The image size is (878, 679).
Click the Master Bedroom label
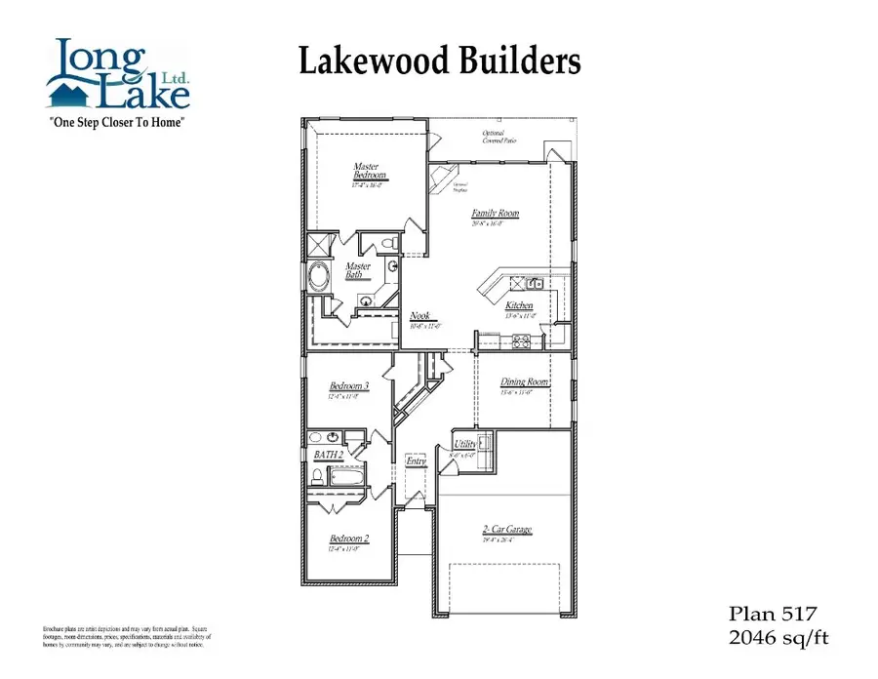click(370, 172)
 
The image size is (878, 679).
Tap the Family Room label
click(495, 214)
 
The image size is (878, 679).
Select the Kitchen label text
click(519, 305)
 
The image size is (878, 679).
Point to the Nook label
click(420, 316)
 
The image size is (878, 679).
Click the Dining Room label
click(525, 382)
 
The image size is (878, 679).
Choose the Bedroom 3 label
click(348, 386)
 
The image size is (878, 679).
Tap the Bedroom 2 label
click(348, 538)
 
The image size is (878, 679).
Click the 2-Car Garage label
click(506, 530)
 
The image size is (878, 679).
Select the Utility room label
click(465, 444)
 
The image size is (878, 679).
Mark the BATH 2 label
click(328, 455)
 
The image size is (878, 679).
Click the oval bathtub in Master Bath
click(321, 276)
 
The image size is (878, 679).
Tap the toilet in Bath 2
click(317, 477)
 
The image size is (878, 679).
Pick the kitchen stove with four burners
click(521, 340)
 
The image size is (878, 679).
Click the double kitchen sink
click(535, 283)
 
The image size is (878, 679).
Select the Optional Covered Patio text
click(499, 137)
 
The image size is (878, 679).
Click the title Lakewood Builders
click(439, 60)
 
